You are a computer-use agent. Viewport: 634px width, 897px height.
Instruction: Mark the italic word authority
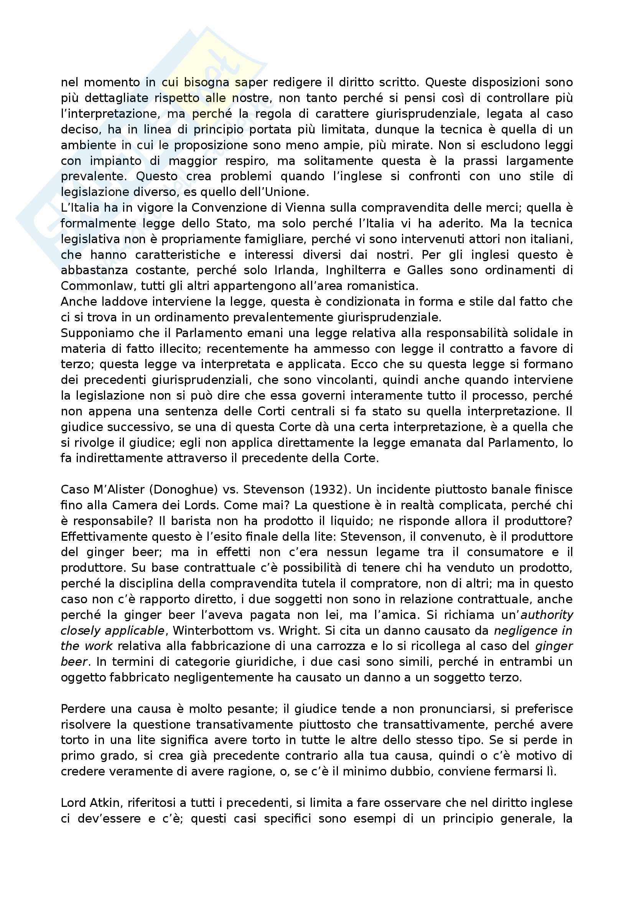pos(547,615)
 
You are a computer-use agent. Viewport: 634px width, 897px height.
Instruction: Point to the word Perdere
pos(82,709)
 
